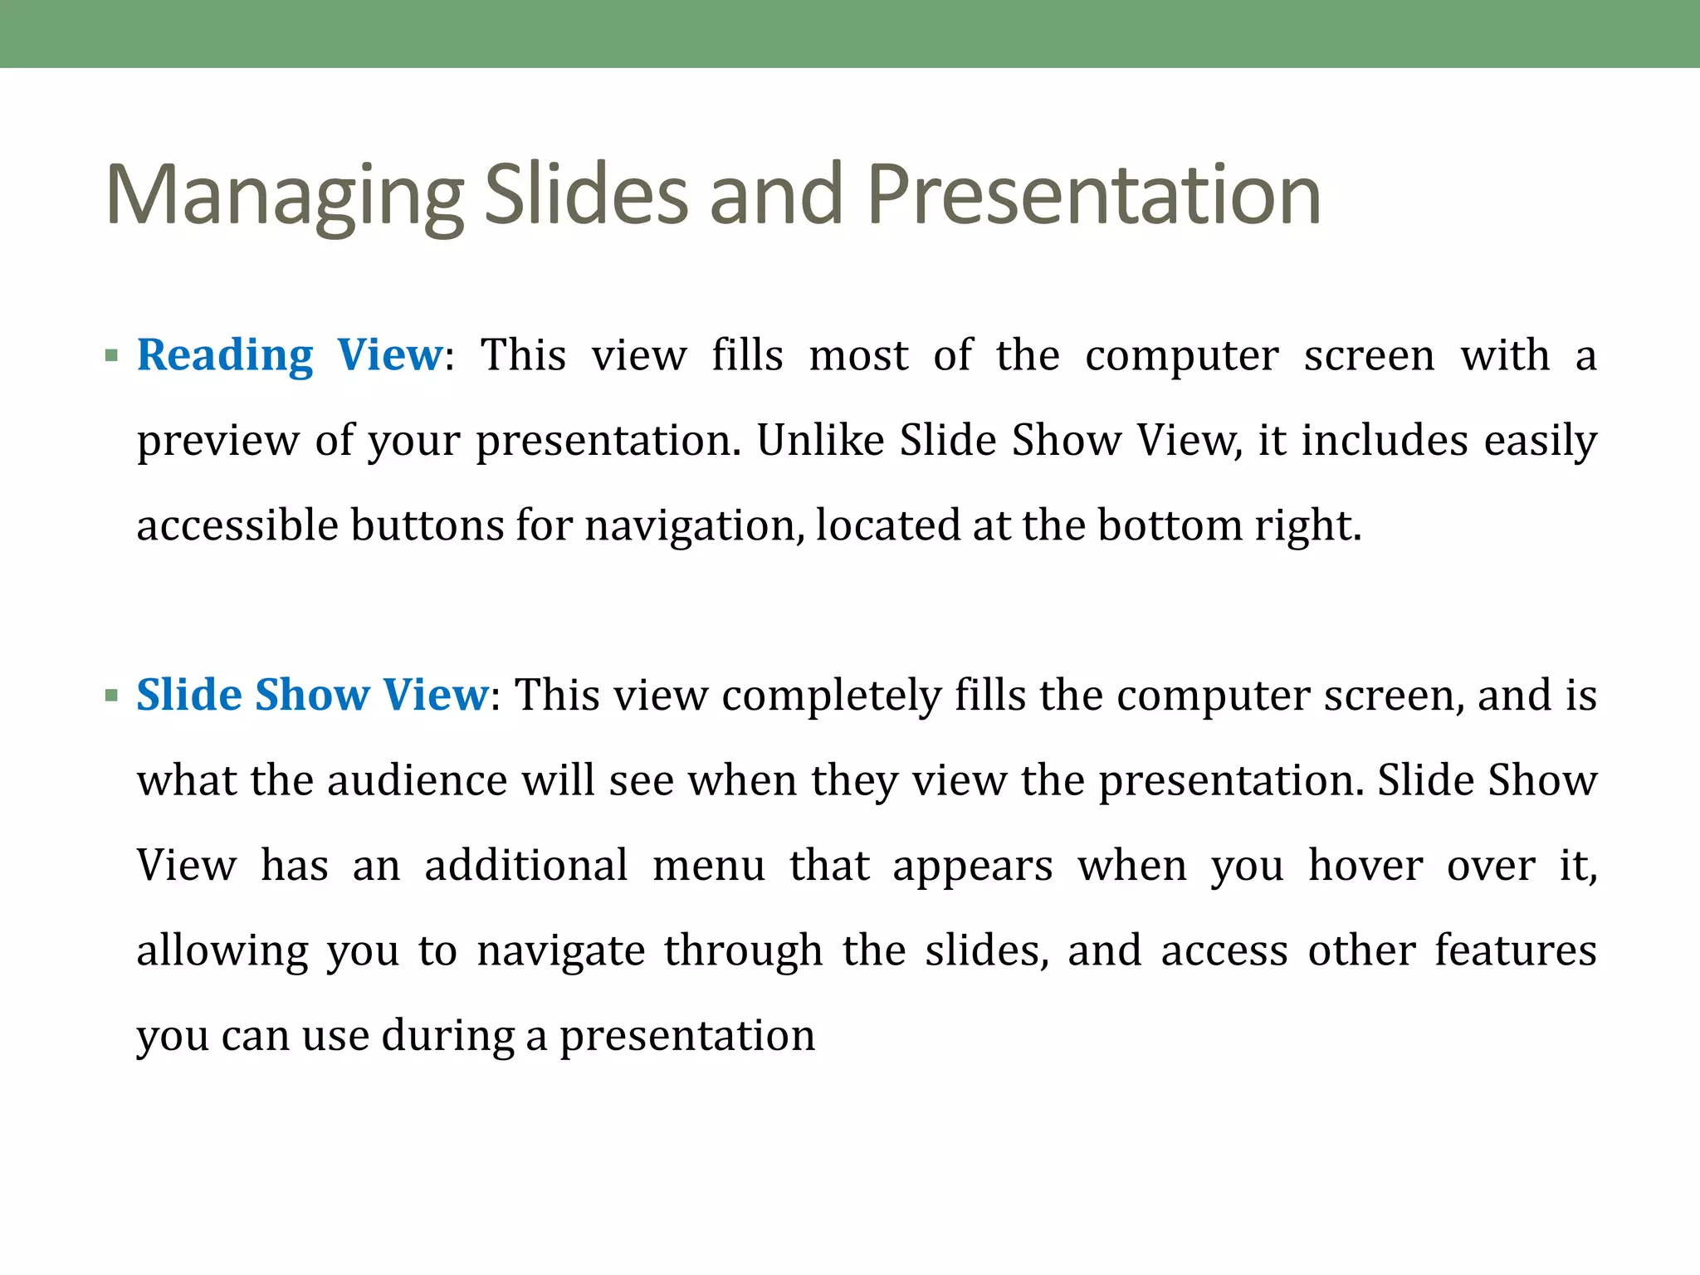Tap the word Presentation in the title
(1094, 196)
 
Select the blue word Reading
(225, 356)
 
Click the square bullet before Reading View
(112, 357)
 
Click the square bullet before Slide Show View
(112, 696)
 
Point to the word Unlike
(820, 440)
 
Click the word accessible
(237, 525)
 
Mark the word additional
(526, 866)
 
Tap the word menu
(709, 866)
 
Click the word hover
(1365, 866)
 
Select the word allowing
(222, 951)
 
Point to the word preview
(217, 440)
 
